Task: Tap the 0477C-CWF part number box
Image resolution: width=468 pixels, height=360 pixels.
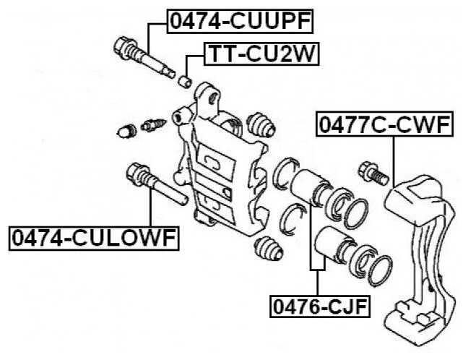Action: [384, 127]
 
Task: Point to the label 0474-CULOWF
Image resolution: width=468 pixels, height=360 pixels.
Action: [94, 236]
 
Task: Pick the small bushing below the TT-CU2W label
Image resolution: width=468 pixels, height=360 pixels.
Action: [185, 77]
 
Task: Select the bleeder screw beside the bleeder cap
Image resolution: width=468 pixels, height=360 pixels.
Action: [152, 124]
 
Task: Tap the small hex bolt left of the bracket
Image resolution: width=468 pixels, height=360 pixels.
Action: [370, 173]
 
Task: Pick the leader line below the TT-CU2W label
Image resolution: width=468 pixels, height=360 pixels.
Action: [188, 63]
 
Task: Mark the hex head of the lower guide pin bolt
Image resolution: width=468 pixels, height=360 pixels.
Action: [136, 174]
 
